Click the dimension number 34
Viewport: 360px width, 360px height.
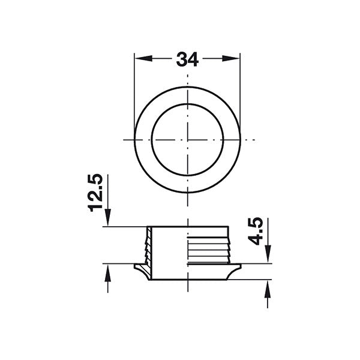[x=187, y=59]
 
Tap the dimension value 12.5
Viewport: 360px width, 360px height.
[x=95, y=193]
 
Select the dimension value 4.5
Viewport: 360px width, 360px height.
[x=256, y=231]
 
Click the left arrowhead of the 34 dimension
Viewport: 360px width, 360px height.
[x=143, y=59]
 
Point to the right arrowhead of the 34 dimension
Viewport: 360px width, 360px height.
[x=231, y=59]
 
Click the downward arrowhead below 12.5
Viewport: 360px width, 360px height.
[x=107, y=217]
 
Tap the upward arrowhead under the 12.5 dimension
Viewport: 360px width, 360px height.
[x=107, y=272]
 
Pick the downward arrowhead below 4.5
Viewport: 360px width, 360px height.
[x=268, y=254]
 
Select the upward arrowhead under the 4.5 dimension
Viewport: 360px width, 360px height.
[x=268, y=289]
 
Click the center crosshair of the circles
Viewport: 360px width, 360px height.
[x=188, y=140]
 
